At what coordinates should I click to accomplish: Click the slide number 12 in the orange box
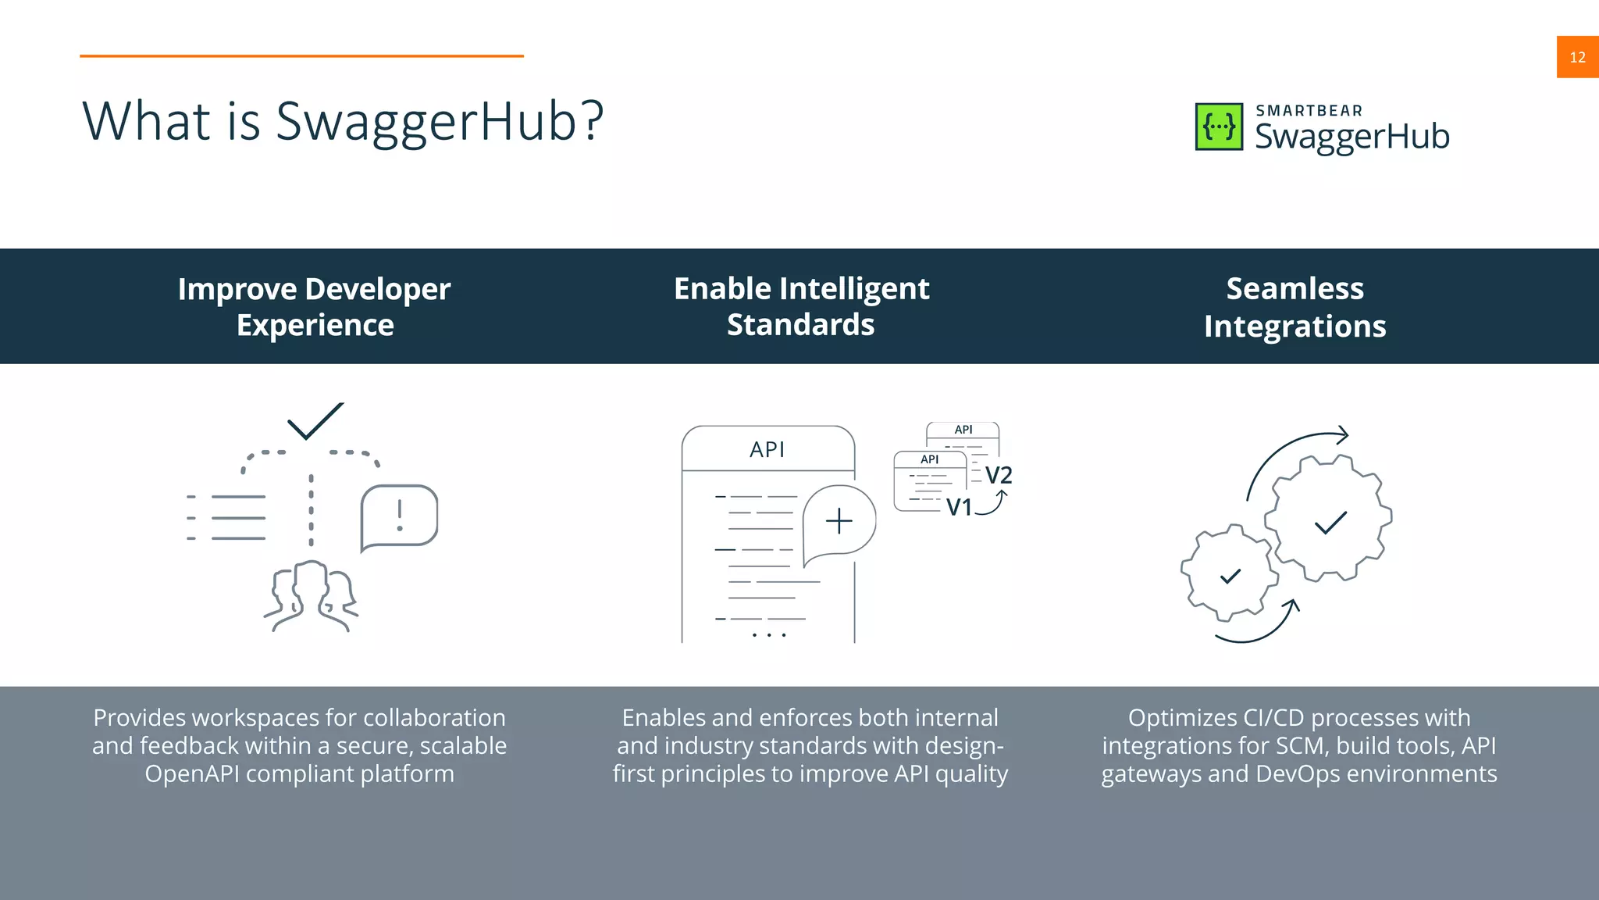point(1577,57)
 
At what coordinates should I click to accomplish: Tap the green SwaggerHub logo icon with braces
point(1219,127)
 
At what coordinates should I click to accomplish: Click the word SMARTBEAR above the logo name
point(1309,111)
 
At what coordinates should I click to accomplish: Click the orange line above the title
point(301,56)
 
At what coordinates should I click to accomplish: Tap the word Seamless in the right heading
point(1295,288)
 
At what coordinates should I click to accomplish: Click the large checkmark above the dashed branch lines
point(315,421)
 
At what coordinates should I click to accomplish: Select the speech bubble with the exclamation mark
point(399,516)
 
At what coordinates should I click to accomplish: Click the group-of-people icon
point(312,596)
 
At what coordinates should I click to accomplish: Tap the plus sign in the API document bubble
point(839,521)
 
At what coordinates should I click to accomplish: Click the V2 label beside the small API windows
point(998,475)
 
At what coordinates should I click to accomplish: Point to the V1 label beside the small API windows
point(959,508)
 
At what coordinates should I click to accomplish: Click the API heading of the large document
point(767,450)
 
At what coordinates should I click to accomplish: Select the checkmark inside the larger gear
point(1330,523)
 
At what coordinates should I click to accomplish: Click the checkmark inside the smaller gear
point(1230,577)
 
